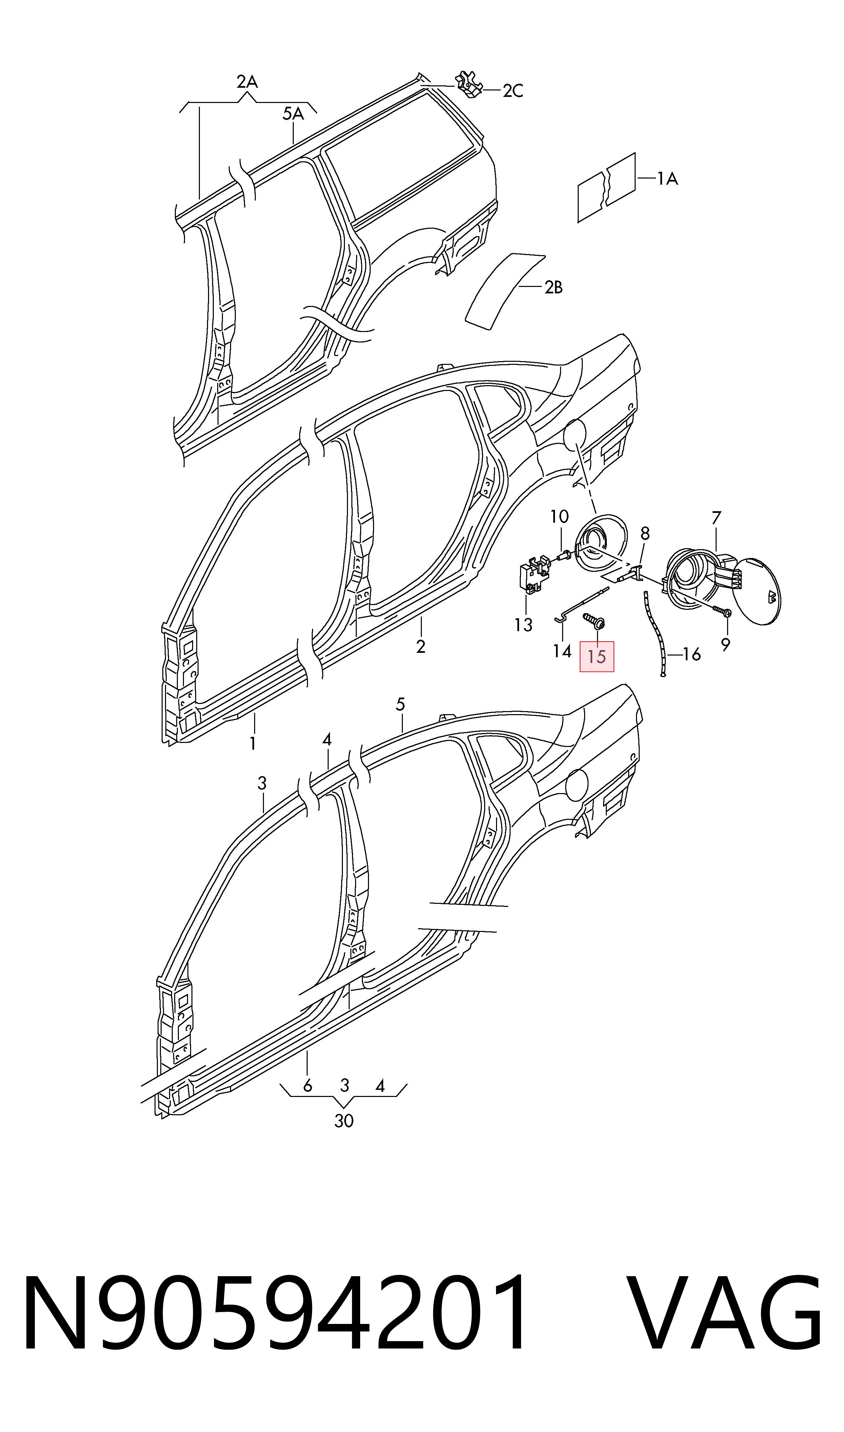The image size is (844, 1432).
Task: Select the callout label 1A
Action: coord(668,179)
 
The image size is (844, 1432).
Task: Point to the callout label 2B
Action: coord(553,288)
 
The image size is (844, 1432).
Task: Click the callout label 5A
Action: coord(293,114)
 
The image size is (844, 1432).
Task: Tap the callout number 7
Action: coord(716,518)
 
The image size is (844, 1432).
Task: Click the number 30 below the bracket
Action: coord(344,1121)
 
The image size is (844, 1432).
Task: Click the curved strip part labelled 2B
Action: coord(505,290)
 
